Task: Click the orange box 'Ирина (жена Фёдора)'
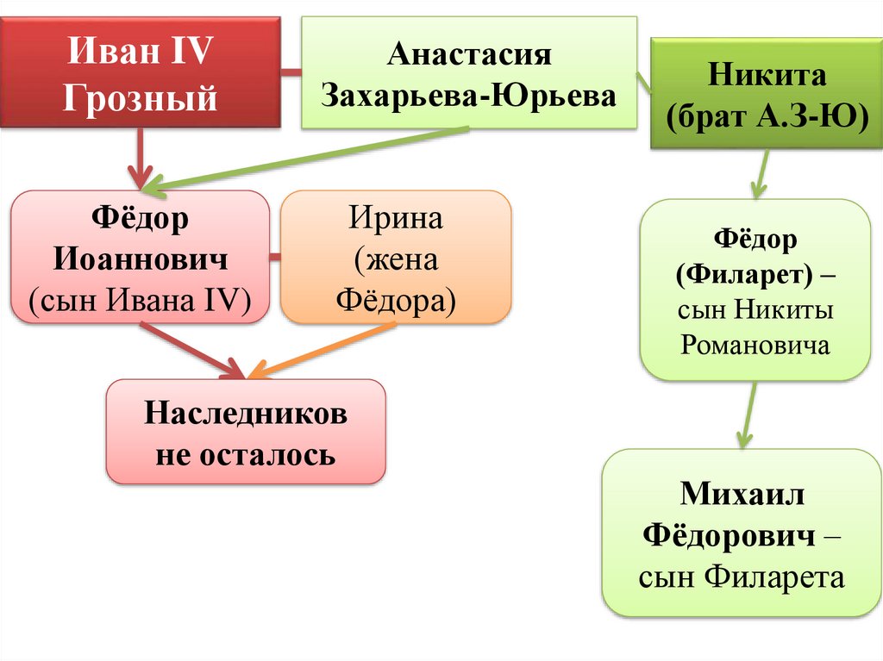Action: [x=396, y=257]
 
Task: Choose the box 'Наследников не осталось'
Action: [x=245, y=432]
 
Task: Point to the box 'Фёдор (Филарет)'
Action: [x=755, y=290]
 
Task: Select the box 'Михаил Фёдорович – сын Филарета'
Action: [x=742, y=533]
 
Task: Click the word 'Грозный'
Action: [x=141, y=97]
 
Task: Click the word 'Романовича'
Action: [x=755, y=346]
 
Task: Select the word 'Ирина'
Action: [x=396, y=219]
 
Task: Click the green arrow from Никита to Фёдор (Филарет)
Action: [x=761, y=172]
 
